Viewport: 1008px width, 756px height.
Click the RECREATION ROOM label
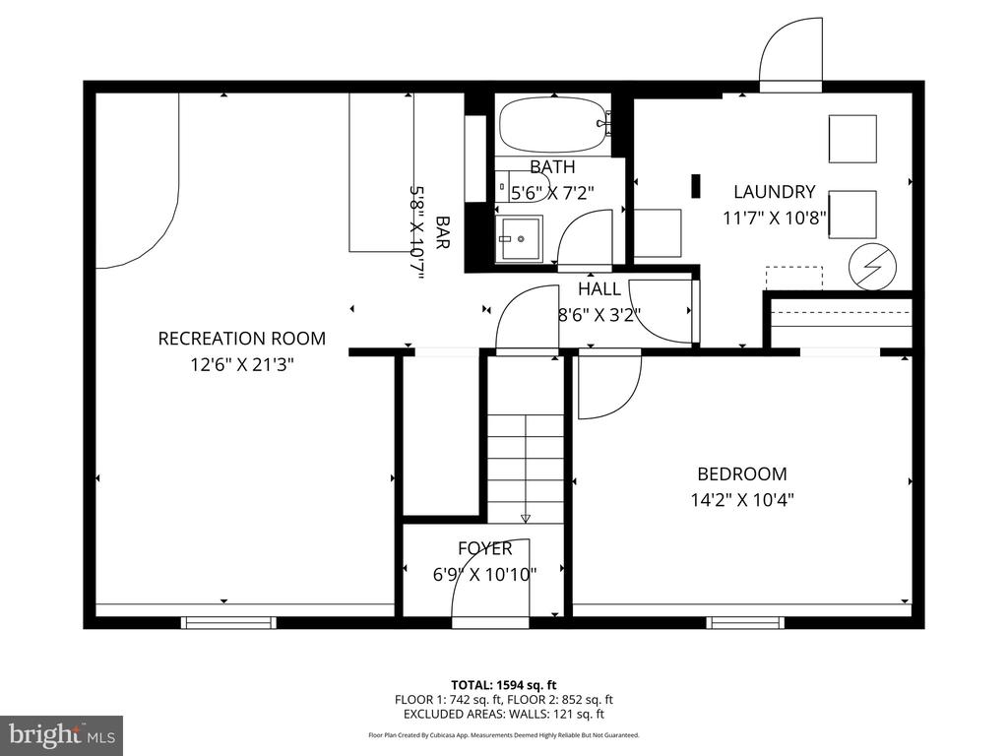(242, 339)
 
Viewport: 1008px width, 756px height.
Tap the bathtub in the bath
(553, 125)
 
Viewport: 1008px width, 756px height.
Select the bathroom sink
(520, 238)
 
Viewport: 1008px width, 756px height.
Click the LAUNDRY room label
(774, 192)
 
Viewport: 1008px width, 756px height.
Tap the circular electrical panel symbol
(872, 268)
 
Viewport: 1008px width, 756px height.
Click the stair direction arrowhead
(526, 518)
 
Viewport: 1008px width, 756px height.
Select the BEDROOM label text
(742, 473)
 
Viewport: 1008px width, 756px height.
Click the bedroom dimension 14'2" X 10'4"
(742, 499)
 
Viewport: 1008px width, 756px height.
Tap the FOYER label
(484, 548)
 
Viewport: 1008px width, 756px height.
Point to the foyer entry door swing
(490, 579)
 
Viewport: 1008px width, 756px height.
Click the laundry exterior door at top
(790, 51)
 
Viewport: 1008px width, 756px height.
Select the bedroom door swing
(609, 386)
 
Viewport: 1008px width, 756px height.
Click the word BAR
(442, 232)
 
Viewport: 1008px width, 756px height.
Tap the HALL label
(599, 289)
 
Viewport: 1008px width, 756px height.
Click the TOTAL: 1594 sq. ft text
(503, 685)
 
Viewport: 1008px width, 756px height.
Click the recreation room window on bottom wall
(228, 622)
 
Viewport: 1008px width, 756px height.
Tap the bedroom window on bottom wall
(746, 622)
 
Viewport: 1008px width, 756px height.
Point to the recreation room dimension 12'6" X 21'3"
(242, 365)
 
